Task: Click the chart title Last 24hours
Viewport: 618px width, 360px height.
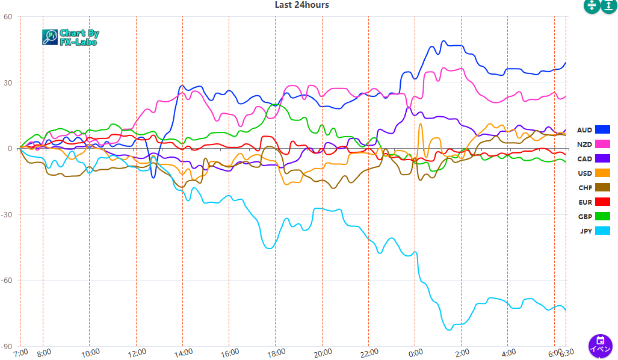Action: (301, 5)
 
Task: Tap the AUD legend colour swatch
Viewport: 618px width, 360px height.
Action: (602, 129)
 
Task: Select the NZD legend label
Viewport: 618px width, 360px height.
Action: (584, 144)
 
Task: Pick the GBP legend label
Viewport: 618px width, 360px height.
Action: (584, 217)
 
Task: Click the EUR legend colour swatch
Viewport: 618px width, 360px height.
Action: (602, 202)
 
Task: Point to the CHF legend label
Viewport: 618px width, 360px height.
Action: (584, 188)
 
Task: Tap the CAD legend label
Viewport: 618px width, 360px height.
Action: (584, 159)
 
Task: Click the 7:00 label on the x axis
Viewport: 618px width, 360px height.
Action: (20, 352)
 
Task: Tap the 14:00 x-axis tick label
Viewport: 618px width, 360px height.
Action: (183, 352)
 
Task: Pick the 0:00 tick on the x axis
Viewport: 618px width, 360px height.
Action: (415, 352)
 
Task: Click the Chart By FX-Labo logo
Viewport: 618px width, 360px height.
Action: (71, 37)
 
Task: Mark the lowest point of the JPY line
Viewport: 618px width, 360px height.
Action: (448, 330)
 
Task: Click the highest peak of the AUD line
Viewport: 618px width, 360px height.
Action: (443, 41)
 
